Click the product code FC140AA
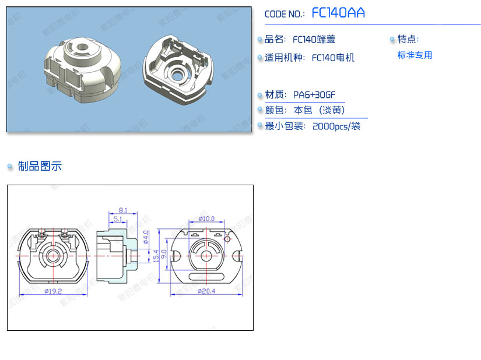click(338, 13)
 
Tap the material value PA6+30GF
click(314, 95)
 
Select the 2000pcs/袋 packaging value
click(336, 126)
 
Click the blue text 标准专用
click(415, 55)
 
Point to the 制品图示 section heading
click(40, 166)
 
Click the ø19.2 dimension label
click(53, 291)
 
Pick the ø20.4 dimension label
click(206, 291)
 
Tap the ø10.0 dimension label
click(206, 218)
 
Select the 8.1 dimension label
click(122, 210)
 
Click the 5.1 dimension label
click(118, 219)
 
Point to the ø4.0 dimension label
click(146, 237)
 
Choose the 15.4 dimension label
click(156, 256)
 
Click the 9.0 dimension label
click(163, 254)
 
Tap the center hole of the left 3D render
click(82, 47)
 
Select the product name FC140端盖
click(314, 39)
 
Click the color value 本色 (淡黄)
click(320, 110)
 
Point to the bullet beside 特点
click(392, 39)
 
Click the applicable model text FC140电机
click(333, 58)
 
